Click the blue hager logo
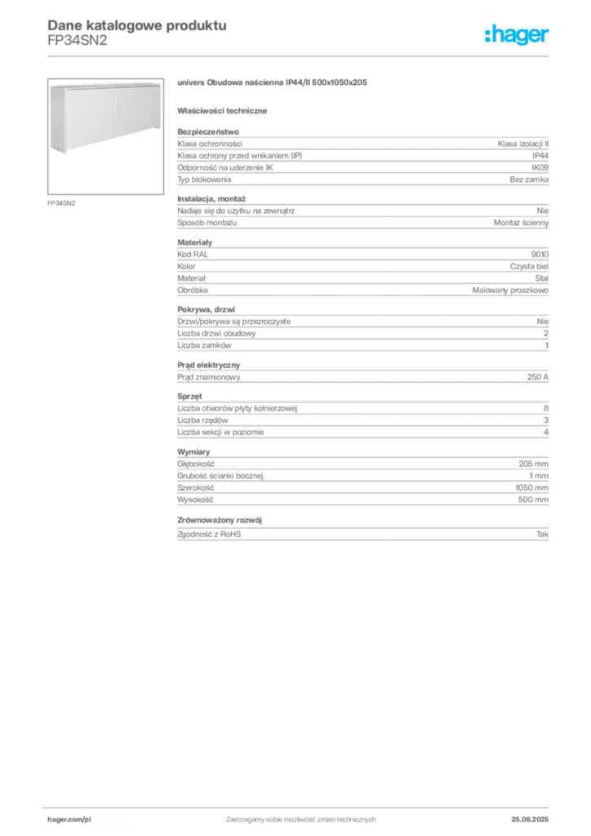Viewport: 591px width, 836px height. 518,35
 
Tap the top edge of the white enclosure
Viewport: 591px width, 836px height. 102,83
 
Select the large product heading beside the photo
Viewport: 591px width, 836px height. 275,83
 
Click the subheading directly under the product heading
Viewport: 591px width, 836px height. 225,111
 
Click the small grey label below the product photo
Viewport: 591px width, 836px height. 62,202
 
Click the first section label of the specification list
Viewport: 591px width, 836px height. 207,129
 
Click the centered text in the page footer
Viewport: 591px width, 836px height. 300,816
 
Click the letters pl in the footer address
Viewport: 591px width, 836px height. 87,817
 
